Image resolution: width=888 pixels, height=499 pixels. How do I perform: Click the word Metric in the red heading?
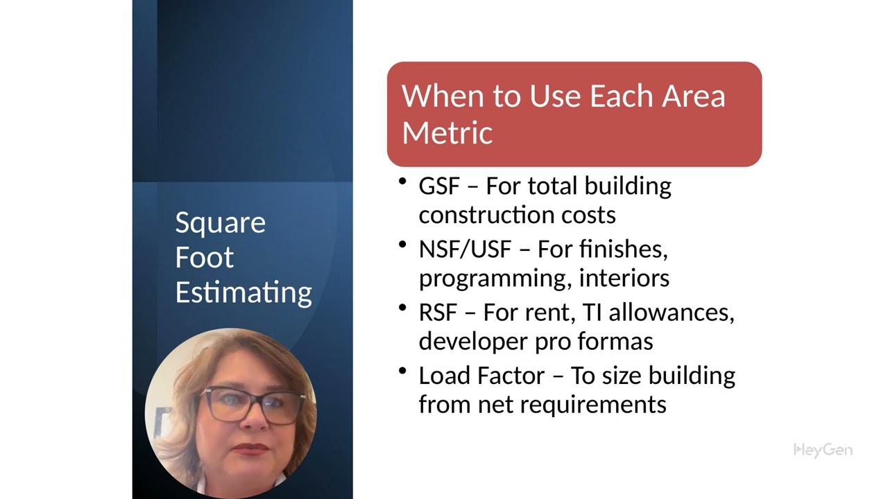tap(447, 132)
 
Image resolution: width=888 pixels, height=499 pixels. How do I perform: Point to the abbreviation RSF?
tap(438, 313)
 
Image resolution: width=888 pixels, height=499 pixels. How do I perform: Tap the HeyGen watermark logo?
tap(823, 450)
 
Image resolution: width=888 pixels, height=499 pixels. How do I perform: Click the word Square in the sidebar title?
tap(220, 223)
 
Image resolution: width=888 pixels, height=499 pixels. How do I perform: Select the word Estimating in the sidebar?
tap(244, 292)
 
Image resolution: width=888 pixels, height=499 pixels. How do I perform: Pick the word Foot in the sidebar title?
tap(204, 257)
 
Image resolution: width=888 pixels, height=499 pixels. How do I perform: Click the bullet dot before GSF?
tap(403, 182)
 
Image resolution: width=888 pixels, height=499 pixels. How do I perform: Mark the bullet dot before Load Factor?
tap(403, 371)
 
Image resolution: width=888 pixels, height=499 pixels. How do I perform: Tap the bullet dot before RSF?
tap(403, 308)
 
